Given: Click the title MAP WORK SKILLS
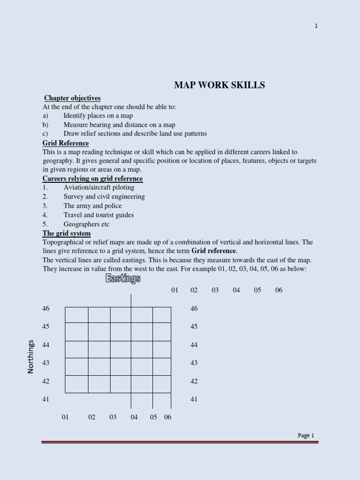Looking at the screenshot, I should (219, 85).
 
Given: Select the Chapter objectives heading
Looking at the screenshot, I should (72, 98).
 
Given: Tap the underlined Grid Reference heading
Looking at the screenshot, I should (66, 143).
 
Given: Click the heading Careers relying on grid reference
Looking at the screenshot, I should (92, 179).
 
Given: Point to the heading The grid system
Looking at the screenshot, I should (67, 233).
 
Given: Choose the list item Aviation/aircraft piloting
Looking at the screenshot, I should (98, 187).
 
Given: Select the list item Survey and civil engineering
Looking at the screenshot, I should (104, 196).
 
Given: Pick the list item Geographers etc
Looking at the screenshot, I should (86, 224).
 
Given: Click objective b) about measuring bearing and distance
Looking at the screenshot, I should (119, 125).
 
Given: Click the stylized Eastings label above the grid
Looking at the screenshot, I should (123, 279).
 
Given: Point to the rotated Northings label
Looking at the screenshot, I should (31, 356).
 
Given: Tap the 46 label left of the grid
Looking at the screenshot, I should (45, 308).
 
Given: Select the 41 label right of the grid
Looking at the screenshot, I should (194, 399).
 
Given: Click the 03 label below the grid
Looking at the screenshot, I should (113, 417).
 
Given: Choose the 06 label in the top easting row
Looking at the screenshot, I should (279, 290).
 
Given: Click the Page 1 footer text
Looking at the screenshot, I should (306, 435).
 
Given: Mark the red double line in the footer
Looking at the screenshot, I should (180, 442).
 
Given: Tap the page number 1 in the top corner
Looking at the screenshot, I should (316, 26).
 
